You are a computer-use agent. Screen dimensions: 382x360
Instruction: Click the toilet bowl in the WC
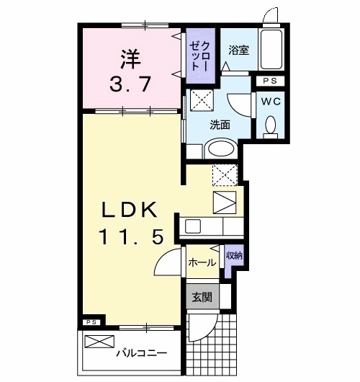(x=271, y=125)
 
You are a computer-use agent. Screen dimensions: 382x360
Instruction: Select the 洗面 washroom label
(x=220, y=124)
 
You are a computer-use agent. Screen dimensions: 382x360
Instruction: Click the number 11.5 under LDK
(x=128, y=236)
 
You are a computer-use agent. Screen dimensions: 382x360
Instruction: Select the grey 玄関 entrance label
(x=201, y=296)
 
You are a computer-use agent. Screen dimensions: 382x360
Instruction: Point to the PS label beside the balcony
(x=91, y=322)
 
